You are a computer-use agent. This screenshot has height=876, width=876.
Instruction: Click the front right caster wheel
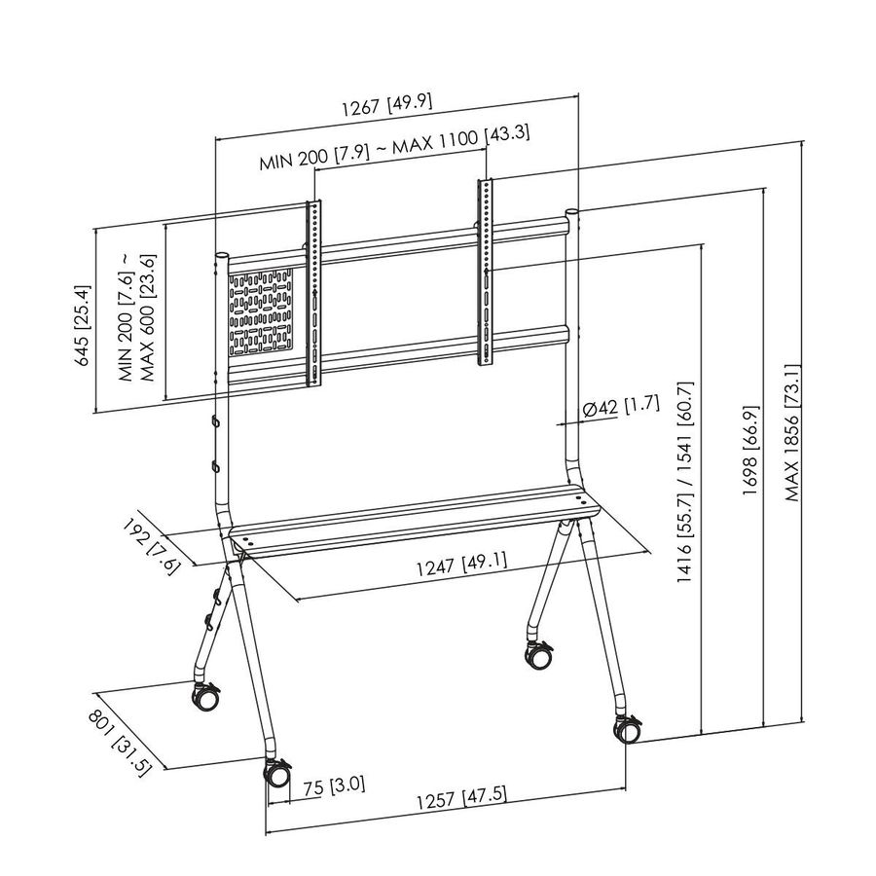point(625,728)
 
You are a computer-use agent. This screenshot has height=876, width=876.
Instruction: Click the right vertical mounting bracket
point(485,273)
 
